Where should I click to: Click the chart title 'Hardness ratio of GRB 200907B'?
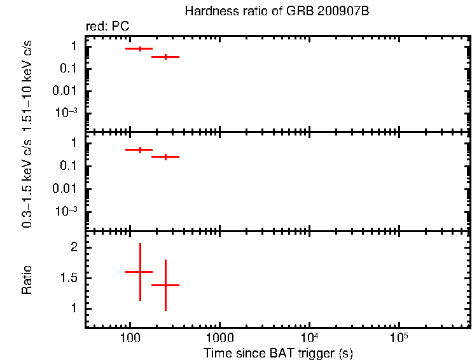(x=277, y=11)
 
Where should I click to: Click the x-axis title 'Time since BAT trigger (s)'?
(x=278, y=352)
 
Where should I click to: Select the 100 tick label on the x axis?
(x=130, y=337)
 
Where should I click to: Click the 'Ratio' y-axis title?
(x=27, y=279)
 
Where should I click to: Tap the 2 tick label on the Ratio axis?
(x=74, y=247)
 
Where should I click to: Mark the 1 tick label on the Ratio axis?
(x=74, y=308)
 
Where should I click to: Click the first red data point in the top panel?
(x=139, y=48)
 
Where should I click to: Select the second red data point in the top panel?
(x=165, y=57)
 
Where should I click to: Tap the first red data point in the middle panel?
(x=139, y=150)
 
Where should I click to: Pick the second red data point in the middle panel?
(x=165, y=156)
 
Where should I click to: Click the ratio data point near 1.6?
(x=139, y=272)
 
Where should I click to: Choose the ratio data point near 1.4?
(x=165, y=285)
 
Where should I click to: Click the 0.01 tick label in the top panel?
(x=66, y=91)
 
